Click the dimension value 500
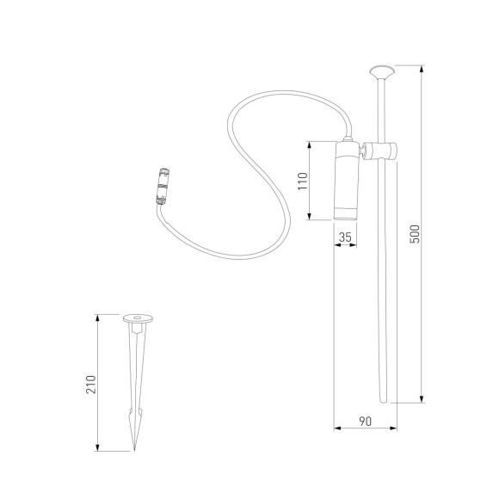(415, 234)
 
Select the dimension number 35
(346, 236)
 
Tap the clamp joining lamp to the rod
(379, 152)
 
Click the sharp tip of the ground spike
(135, 448)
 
